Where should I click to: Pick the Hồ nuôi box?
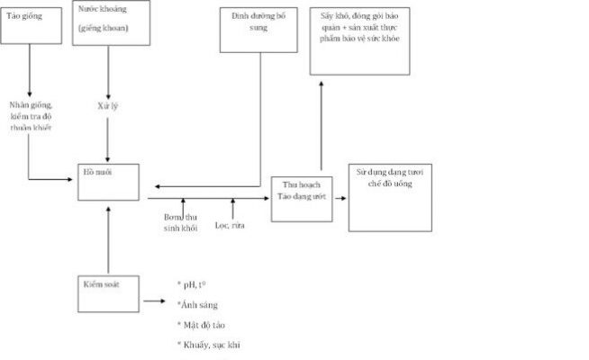[107, 181]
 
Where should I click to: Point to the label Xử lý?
[108, 106]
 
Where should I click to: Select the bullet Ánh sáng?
[198, 305]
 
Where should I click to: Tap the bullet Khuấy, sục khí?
[209, 344]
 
